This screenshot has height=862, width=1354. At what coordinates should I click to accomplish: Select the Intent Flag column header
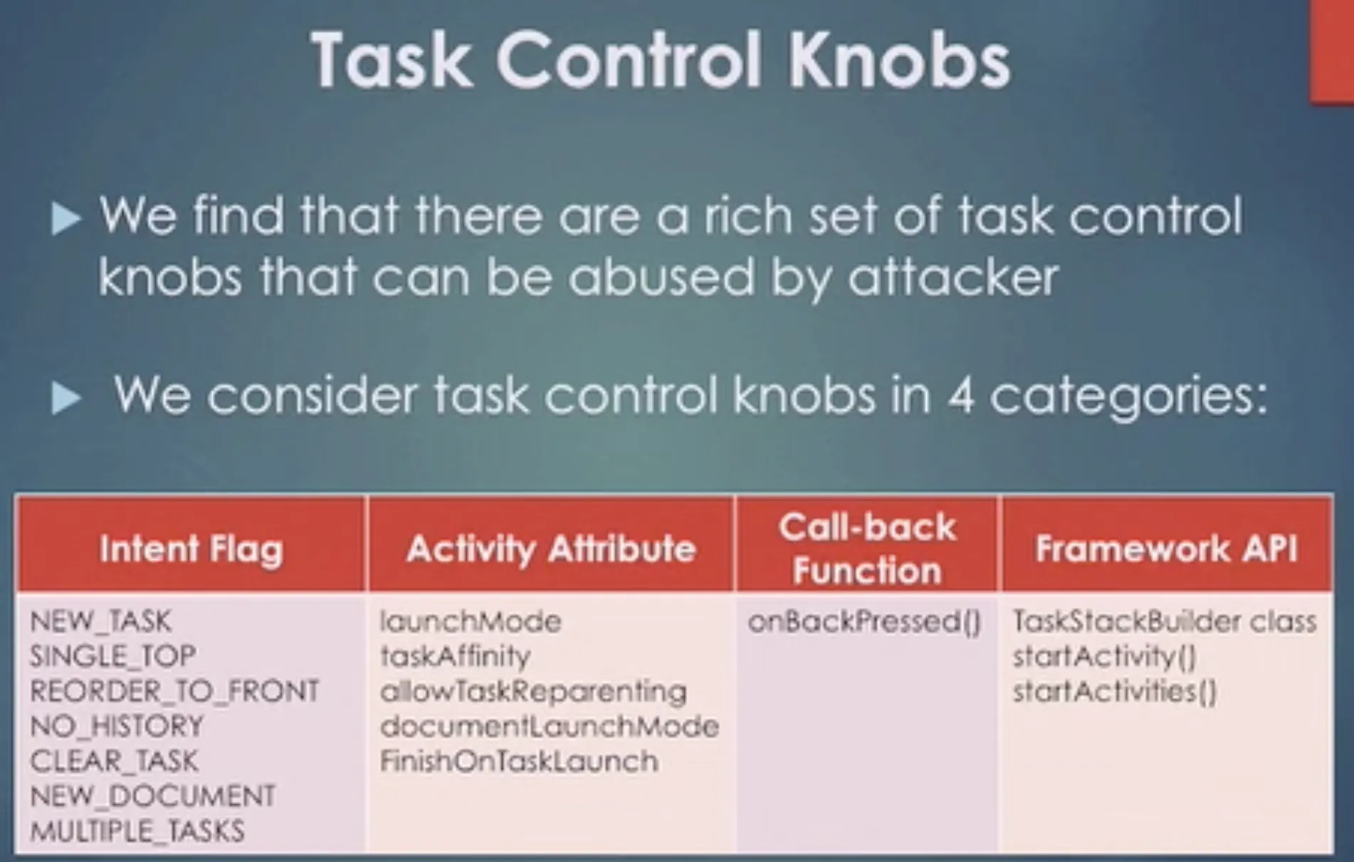click(191, 549)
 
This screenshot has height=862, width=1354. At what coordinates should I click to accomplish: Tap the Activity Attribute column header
click(551, 549)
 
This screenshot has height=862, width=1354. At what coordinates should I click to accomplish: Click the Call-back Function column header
click(867, 549)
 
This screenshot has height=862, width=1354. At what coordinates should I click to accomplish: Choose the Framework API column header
click(1167, 549)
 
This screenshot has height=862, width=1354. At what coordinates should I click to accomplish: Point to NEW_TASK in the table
click(100, 621)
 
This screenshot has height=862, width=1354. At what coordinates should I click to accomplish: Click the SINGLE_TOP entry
click(112, 656)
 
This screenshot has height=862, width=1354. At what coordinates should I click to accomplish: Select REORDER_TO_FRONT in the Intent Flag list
click(174, 691)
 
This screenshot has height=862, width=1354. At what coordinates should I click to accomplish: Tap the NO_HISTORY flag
click(117, 726)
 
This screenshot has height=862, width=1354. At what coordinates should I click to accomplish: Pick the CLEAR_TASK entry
click(114, 761)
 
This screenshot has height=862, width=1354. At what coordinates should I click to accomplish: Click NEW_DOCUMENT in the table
click(152, 796)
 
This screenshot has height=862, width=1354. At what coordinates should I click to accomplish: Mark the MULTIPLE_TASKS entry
click(137, 831)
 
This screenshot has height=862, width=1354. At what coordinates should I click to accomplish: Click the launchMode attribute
click(471, 621)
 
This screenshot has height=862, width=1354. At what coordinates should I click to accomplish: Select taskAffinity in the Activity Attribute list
click(456, 656)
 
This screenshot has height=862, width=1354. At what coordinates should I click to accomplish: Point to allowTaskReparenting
click(533, 692)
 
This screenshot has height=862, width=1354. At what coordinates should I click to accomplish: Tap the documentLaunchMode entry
click(550, 726)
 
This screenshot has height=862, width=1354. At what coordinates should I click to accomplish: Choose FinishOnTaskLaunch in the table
click(519, 761)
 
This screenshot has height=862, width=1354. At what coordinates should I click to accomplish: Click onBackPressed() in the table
click(865, 622)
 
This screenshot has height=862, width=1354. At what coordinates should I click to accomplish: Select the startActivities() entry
click(1115, 691)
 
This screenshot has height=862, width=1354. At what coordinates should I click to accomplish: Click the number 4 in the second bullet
click(960, 396)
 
